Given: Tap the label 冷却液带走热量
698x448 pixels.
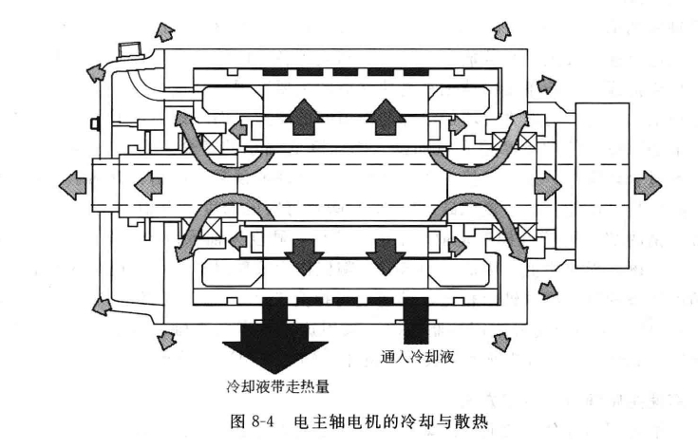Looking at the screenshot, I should [x=275, y=385].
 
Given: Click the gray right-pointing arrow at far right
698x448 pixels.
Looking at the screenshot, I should [x=649, y=180].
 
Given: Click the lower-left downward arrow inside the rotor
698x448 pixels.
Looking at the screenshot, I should [x=303, y=252].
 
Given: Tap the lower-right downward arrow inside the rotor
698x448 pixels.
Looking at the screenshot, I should [x=385, y=252].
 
